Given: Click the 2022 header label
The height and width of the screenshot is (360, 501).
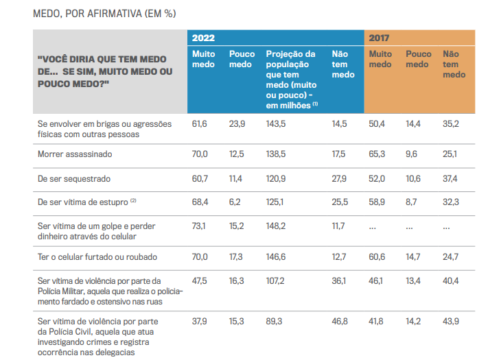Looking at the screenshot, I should pos(203,38).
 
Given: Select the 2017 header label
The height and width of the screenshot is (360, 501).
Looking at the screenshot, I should pos(380,38).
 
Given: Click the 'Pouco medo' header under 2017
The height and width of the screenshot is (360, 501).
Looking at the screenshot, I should pos(419,59).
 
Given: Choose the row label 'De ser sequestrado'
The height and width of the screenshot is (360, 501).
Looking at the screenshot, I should pos(74,178).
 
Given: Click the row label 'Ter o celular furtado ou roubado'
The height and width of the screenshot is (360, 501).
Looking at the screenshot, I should pos(97,257).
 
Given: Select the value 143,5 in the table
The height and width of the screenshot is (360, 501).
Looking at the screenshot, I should pos(277,123).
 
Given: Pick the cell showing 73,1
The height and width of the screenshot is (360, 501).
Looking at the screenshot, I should pos(200,226).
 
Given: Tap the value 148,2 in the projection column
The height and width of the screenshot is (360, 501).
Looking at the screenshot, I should pos(277,226).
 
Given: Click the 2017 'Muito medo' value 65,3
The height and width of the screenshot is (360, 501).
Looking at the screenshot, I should pos(377,154).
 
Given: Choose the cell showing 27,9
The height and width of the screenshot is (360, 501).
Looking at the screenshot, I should pos(339,178).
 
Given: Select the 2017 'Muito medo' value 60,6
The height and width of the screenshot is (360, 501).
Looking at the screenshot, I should pos(377,257).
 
